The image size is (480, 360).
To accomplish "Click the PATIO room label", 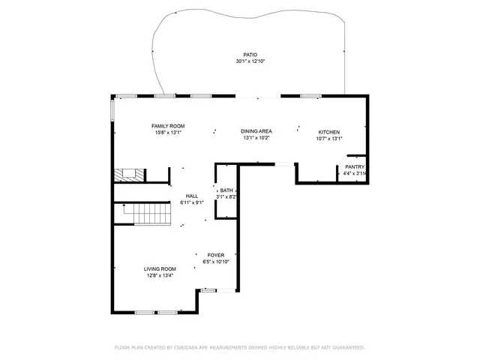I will point(250,55).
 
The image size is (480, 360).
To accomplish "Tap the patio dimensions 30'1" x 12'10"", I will point(250,61).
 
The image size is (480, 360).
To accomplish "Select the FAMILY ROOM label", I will point(168,125).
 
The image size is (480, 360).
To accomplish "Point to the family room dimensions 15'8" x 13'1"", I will point(168,132).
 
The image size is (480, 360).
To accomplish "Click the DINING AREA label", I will point(256,131).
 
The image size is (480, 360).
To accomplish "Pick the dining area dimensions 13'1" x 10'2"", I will point(256,138).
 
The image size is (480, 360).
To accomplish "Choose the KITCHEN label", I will point(328,131).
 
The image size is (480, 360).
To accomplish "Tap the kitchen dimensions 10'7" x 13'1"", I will point(328,138).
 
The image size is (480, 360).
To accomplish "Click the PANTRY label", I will point(354,166).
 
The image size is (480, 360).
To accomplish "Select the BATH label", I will point(226,190).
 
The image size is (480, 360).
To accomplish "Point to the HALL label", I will point(192,196).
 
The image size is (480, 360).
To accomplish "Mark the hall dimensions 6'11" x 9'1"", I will point(192,202).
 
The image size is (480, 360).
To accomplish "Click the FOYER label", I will point(216,255).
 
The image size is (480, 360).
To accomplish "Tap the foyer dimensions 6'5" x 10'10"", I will point(216,262).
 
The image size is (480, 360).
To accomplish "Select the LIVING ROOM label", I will point(160,268).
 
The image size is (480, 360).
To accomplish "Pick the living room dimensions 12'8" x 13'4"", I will point(160,275).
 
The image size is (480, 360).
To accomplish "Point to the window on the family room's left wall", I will point(113,110).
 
